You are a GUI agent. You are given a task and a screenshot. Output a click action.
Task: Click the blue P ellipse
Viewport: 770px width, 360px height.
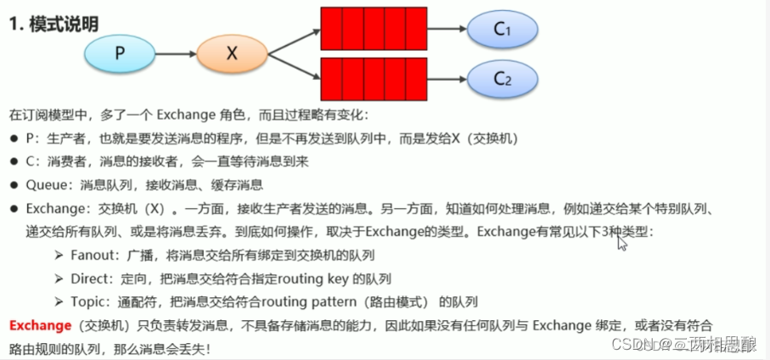[x=120, y=53]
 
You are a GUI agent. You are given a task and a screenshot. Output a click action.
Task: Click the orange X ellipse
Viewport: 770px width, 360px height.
[x=232, y=53]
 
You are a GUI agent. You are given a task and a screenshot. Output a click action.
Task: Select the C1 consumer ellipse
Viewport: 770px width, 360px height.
[x=503, y=29]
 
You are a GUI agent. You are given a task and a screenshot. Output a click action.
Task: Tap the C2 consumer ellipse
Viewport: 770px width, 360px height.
[x=503, y=80]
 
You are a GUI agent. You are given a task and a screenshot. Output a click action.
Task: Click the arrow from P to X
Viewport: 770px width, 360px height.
[x=177, y=53]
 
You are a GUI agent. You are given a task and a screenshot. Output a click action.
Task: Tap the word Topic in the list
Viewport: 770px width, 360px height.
[x=89, y=301]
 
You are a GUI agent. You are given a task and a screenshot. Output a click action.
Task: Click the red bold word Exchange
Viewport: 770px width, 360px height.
[x=39, y=324]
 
